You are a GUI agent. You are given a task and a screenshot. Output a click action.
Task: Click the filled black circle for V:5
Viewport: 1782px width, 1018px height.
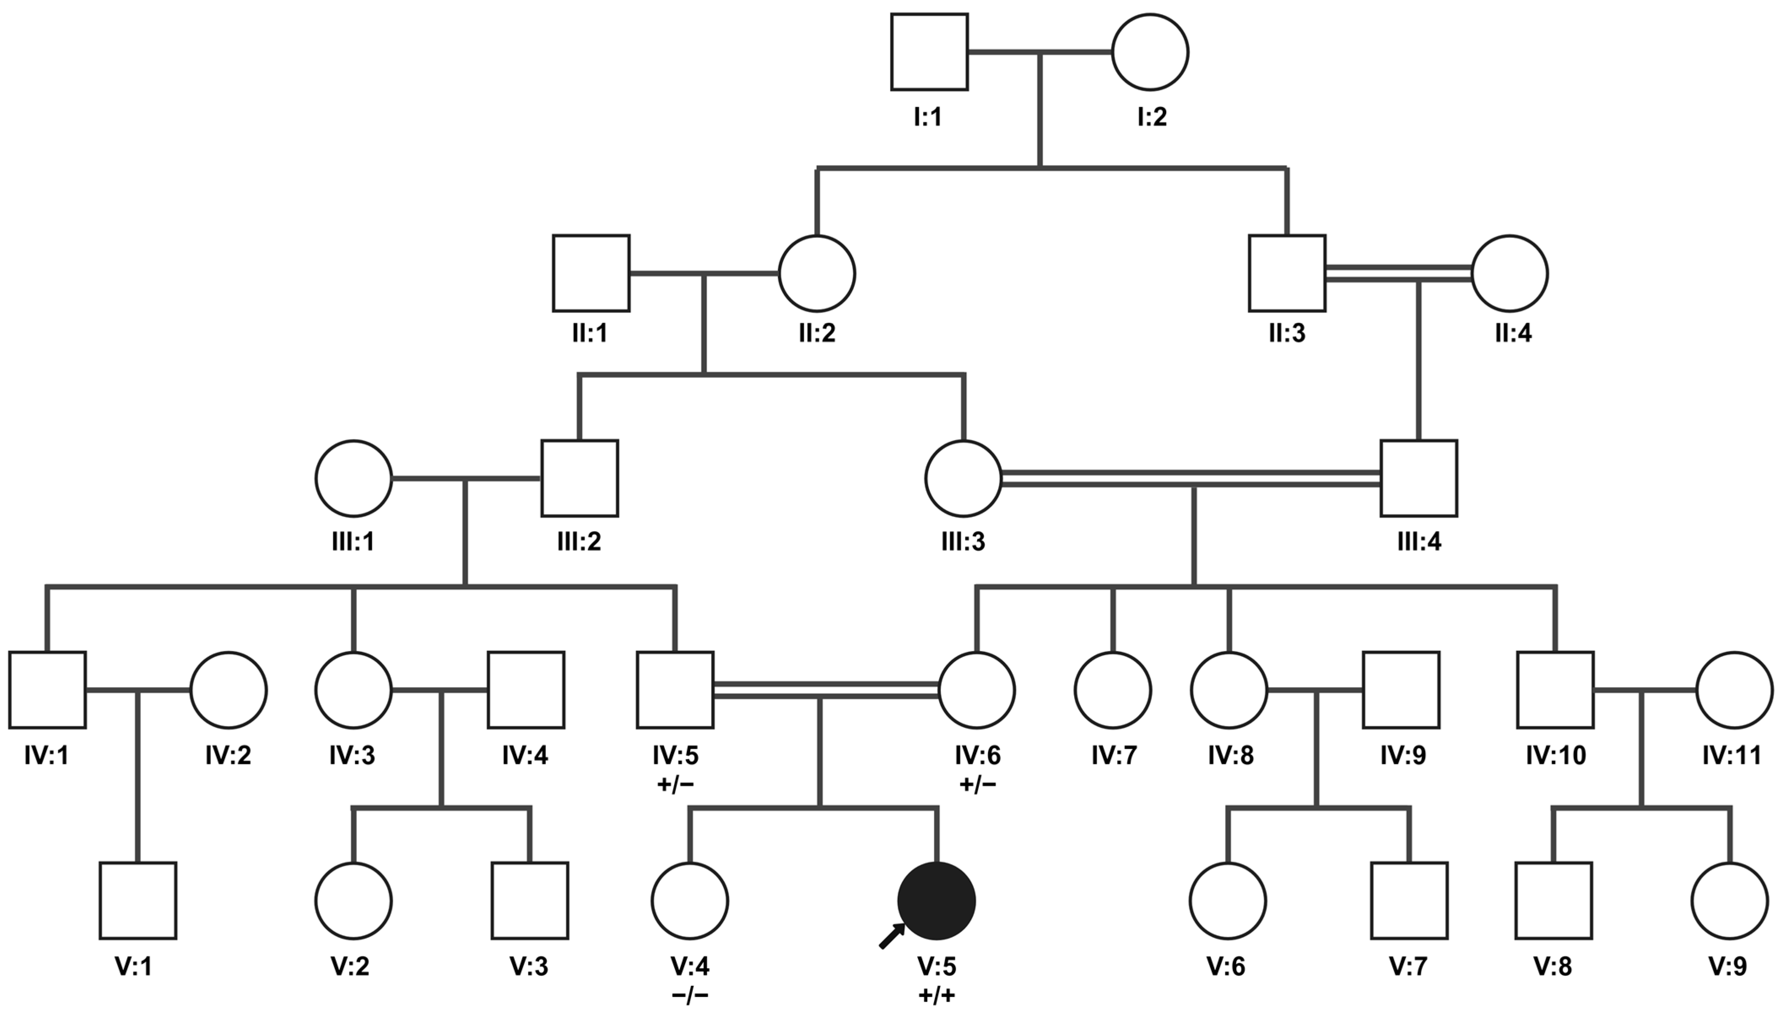[936, 901]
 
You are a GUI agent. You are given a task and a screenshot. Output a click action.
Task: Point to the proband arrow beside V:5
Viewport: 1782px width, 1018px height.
[891, 935]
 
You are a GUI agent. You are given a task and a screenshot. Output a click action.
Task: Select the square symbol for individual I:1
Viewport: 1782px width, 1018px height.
[929, 52]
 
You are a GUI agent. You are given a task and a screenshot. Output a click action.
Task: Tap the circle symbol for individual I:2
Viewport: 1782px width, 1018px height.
[1150, 52]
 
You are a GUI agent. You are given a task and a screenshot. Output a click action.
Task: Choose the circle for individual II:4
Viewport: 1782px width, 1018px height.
[1509, 273]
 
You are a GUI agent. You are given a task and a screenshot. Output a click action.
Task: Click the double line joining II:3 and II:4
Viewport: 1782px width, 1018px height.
[1398, 273]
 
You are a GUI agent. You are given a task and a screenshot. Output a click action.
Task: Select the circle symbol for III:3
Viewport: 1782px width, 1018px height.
[964, 478]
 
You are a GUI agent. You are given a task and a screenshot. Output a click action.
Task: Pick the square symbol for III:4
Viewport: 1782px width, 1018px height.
[1418, 478]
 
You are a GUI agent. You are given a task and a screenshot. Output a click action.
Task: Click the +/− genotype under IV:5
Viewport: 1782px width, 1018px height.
[675, 784]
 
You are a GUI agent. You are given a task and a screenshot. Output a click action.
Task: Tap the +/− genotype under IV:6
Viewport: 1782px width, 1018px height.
[977, 784]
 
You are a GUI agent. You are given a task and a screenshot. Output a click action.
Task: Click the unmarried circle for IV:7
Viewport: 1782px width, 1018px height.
[1112, 690]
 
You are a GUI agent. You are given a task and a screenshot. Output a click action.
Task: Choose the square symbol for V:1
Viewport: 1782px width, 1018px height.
[138, 901]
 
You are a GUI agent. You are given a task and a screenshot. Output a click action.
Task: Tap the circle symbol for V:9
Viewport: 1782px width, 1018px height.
[1730, 901]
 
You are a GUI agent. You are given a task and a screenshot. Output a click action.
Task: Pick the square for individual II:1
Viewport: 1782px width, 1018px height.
[591, 273]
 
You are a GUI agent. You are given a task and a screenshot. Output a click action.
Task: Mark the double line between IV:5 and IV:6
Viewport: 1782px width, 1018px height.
[825, 690]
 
